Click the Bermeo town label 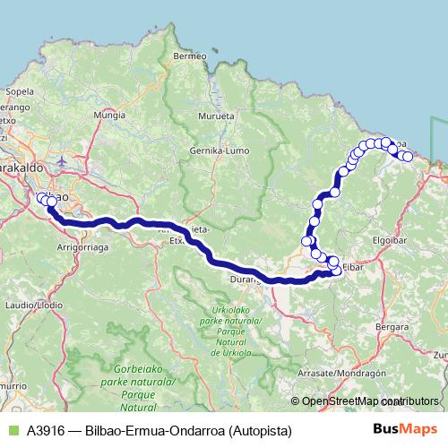pos(189,56)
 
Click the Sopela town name pos(19,90)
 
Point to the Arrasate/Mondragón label pos(367,372)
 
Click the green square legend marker pos(13,430)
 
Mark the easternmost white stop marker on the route pos(408,157)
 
